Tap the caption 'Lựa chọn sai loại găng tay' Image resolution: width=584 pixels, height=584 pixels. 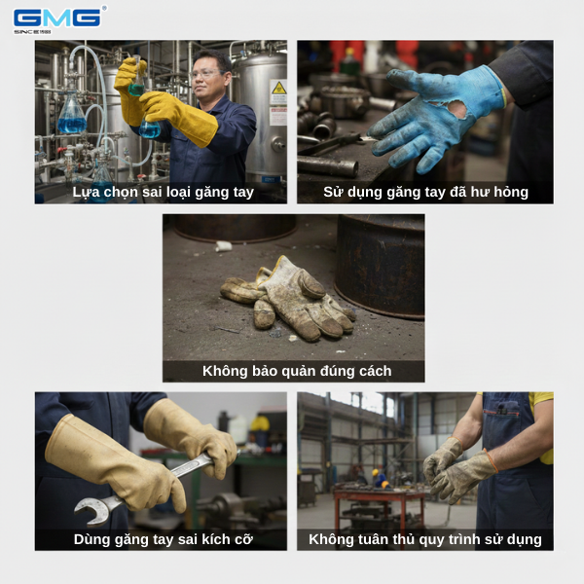pos(163,193)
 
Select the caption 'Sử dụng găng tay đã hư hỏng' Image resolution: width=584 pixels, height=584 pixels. pos(425,193)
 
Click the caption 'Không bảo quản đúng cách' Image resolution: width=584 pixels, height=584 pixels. pos(297,372)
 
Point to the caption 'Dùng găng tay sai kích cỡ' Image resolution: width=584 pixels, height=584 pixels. pos(164,539)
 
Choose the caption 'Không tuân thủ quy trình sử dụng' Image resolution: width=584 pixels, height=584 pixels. pos(425,539)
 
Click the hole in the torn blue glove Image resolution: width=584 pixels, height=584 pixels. pos(457,109)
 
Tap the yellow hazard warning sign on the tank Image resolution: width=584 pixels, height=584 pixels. pos(278,89)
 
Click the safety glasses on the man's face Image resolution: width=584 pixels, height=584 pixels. pos(206,74)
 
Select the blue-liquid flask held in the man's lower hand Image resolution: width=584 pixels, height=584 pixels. pos(150,128)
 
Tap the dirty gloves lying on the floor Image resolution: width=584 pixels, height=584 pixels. pos(289,298)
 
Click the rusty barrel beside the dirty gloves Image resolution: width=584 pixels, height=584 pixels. pos(380,265)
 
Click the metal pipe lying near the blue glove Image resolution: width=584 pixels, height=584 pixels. pos(327,165)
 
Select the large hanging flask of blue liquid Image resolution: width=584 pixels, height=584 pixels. pos(71,113)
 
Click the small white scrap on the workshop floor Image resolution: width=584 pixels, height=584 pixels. pos(224,246)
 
